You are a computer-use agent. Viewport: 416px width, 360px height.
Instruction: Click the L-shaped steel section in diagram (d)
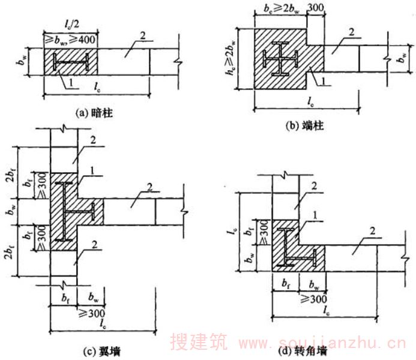[294, 246]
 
